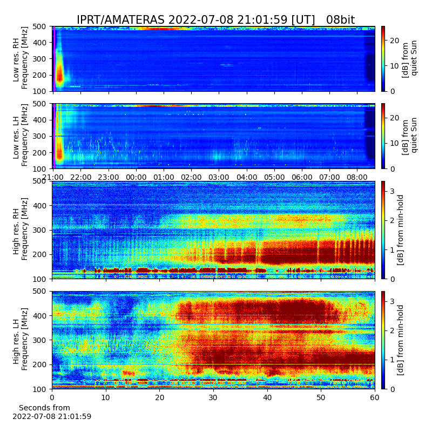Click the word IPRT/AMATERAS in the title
click(x=120, y=20)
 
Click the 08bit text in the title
click(x=340, y=20)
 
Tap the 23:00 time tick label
click(x=109, y=177)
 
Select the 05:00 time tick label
click(x=274, y=177)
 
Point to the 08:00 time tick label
click(x=357, y=177)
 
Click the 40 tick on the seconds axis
click(x=267, y=397)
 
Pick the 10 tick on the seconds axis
click(x=106, y=397)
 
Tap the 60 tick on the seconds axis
click(x=375, y=397)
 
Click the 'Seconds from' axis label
click(x=44, y=408)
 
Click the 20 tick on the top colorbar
click(x=395, y=40)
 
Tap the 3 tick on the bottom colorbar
click(x=393, y=301)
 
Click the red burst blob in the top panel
click(x=60, y=75)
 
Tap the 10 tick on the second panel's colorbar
click(x=395, y=143)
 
